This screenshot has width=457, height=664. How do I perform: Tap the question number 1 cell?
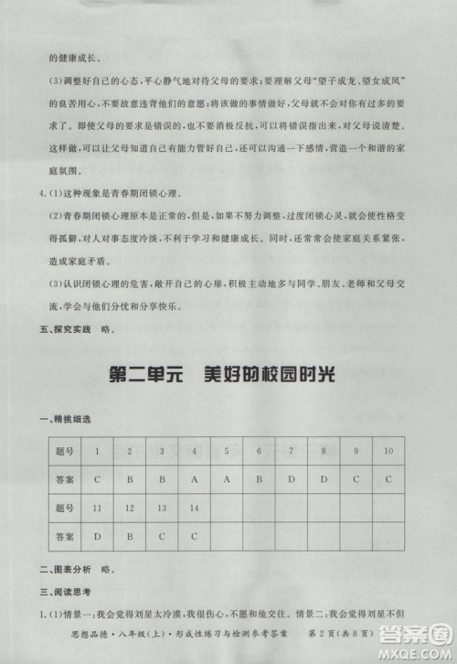point(97,451)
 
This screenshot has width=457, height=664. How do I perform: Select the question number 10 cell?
point(388,451)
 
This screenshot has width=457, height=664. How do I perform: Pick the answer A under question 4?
point(195,478)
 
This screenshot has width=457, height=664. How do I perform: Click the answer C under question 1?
point(97,478)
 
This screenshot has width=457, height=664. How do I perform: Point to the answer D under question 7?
point(292,478)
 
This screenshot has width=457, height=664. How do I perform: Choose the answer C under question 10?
point(388,478)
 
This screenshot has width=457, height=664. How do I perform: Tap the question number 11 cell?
point(97,507)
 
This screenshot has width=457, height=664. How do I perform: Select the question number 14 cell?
point(195,507)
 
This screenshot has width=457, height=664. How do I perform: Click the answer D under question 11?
point(97,535)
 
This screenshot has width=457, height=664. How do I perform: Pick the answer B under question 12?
point(130,535)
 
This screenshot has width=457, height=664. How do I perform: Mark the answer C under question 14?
point(195,535)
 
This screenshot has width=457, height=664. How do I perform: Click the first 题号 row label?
point(63,451)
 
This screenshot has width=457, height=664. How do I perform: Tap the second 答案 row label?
point(63,535)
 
